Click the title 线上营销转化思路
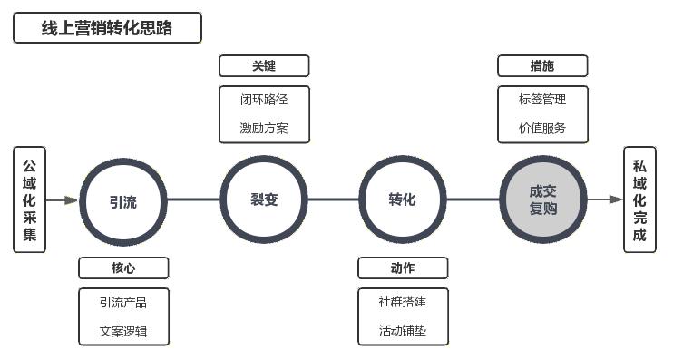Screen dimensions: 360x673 (107, 28)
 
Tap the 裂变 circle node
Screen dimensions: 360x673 (264, 199)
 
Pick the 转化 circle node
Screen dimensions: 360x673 (403, 199)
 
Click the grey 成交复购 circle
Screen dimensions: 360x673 (543, 199)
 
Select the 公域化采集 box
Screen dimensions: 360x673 (30, 199)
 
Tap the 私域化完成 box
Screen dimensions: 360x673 (639, 199)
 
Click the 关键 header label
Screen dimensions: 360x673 (264, 65)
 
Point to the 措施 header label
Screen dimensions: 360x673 (542, 65)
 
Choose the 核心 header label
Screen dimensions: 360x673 (123, 268)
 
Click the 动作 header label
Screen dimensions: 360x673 (403, 268)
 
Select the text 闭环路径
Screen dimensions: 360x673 (264, 99)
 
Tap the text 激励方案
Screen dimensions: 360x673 (264, 128)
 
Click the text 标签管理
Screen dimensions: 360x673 (542, 99)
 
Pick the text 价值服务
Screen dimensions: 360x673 (542, 128)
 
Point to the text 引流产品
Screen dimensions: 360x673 (123, 302)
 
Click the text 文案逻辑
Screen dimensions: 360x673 (123, 331)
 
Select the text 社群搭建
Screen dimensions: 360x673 (403, 302)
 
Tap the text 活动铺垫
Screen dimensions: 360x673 (403, 331)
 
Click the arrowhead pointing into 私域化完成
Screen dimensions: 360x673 (617, 199)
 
